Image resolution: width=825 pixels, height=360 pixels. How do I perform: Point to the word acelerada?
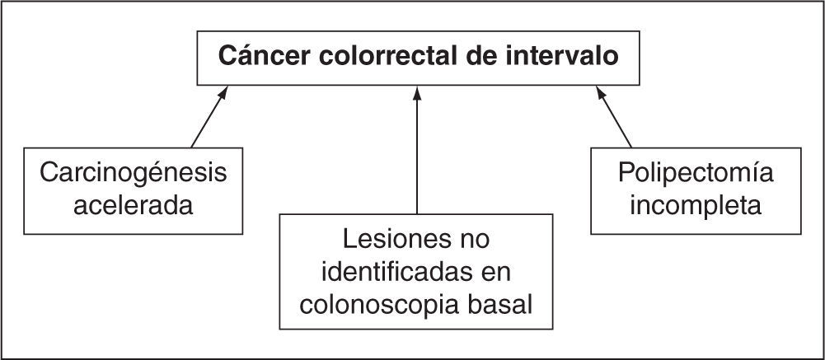point(134,204)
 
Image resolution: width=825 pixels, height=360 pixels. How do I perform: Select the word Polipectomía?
point(696,174)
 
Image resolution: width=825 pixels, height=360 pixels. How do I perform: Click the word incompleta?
point(696,204)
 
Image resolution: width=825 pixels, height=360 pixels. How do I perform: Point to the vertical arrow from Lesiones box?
point(417,157)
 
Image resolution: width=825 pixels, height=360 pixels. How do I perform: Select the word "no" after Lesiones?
point(471,240)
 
